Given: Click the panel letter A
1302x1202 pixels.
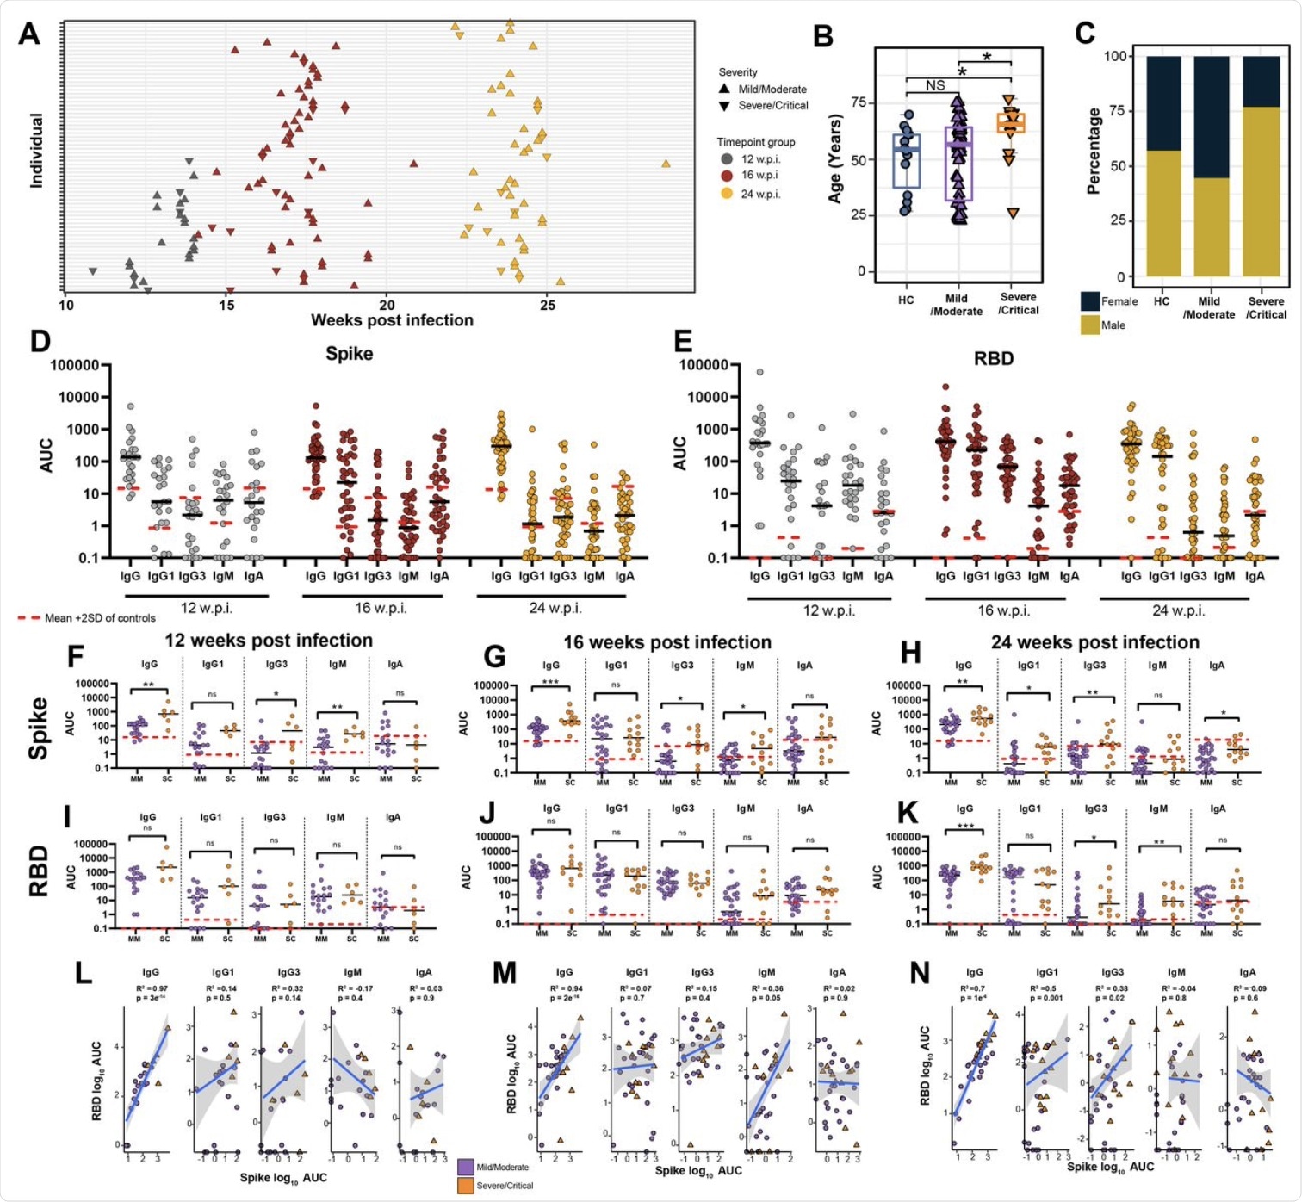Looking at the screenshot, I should click(29, 34).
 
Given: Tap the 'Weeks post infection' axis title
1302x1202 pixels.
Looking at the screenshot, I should click(392, 320).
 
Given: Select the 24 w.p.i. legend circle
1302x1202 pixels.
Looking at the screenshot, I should click(727, 194).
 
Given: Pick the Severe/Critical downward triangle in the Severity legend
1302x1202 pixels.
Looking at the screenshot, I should click(725, 106).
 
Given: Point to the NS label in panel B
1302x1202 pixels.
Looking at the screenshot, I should click(935, 85).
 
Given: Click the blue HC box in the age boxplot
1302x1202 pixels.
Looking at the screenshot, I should click(907, 161).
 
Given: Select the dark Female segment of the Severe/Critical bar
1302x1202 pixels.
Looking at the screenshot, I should click(1266, 81).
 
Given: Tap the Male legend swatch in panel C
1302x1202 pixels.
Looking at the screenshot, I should click(1090, 325).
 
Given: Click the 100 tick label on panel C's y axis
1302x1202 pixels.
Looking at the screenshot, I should click(1116, 56).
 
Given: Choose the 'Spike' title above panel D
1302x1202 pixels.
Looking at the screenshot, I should click(349, 354).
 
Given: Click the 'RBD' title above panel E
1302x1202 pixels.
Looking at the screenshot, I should click(994, 359).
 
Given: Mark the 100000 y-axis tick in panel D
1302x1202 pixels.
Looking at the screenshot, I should click(74, 365).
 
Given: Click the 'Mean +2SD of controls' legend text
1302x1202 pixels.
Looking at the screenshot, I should click(100, 618).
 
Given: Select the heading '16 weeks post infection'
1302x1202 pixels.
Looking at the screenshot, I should click(667, 642).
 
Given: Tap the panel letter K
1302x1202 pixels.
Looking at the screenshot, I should click(908, 813).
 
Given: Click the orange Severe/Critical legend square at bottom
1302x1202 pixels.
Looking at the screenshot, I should click(466, 1186).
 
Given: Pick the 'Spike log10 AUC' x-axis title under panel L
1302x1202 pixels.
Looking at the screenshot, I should click(283, 1177).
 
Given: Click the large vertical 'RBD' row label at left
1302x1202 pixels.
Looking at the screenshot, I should click(39, 870).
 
